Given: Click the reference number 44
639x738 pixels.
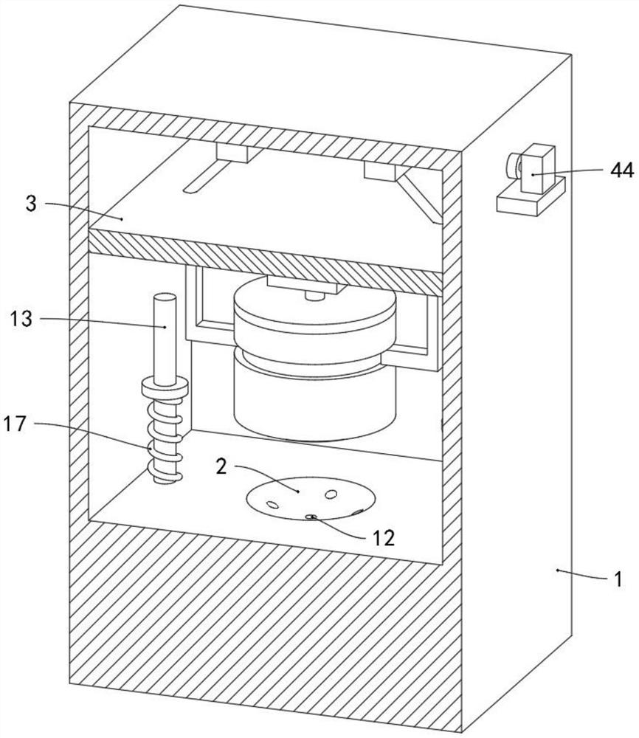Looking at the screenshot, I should (621, 170).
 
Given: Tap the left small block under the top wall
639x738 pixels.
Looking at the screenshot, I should (232, 154).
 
